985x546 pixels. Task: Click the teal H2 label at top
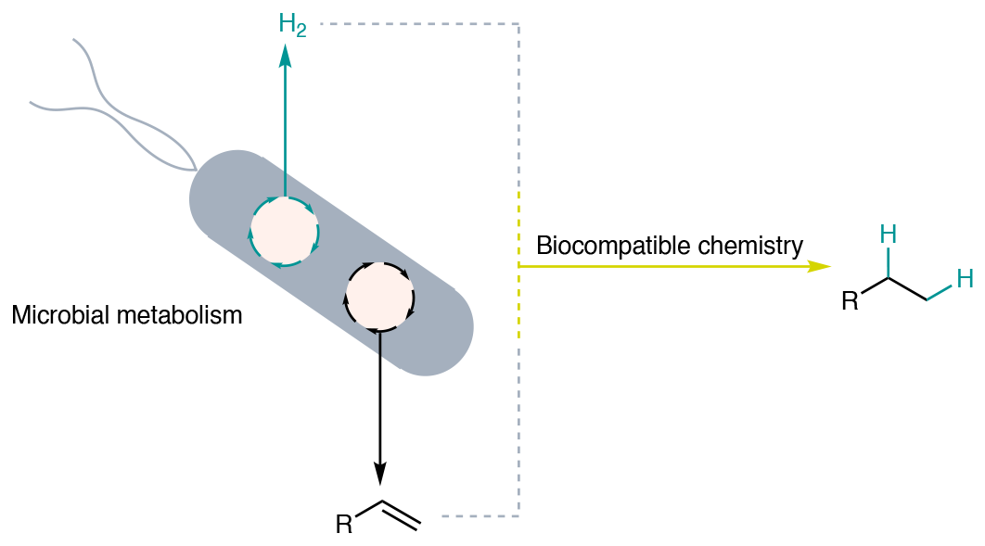point(292,25)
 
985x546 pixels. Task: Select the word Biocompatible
point(599,247)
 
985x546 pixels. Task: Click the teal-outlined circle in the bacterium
point(285,232)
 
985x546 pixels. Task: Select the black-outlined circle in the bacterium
point(379,298)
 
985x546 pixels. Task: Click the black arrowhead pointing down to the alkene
point(380,474)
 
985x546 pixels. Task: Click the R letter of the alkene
point(344,526)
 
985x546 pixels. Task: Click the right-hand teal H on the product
point(965,278)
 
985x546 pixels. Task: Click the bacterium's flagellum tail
point(111,111)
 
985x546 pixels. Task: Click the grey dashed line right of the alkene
point(478,514)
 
